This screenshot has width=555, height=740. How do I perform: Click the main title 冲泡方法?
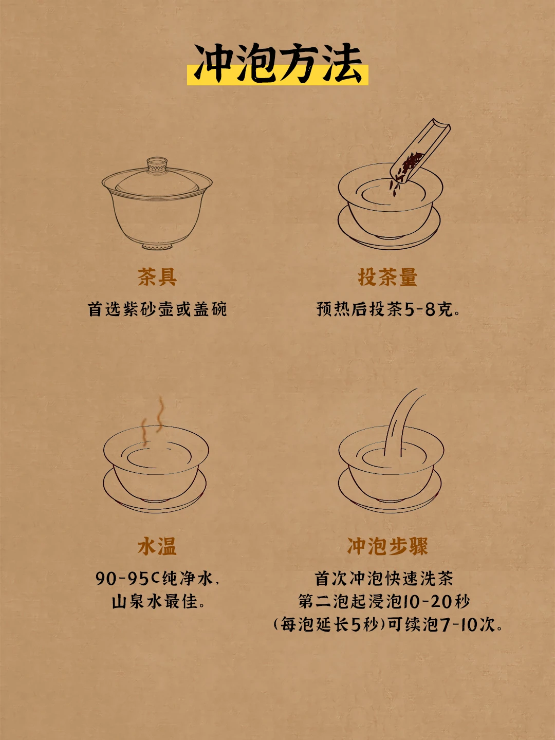tap(277, 64)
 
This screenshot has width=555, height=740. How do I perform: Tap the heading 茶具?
tap(157, 277)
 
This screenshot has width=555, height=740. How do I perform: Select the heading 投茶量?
tap(387, 277)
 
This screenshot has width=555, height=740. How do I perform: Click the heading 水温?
tap(157, 546)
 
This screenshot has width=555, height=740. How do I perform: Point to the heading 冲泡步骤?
tap(387, 546)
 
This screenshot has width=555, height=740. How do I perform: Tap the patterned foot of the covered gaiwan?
tap(157, 247)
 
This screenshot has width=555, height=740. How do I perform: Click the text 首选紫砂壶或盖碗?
tap(157, 309)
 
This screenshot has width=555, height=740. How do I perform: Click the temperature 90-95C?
tap(127, 579)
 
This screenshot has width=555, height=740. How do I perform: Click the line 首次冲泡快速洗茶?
tap(384, 579)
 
